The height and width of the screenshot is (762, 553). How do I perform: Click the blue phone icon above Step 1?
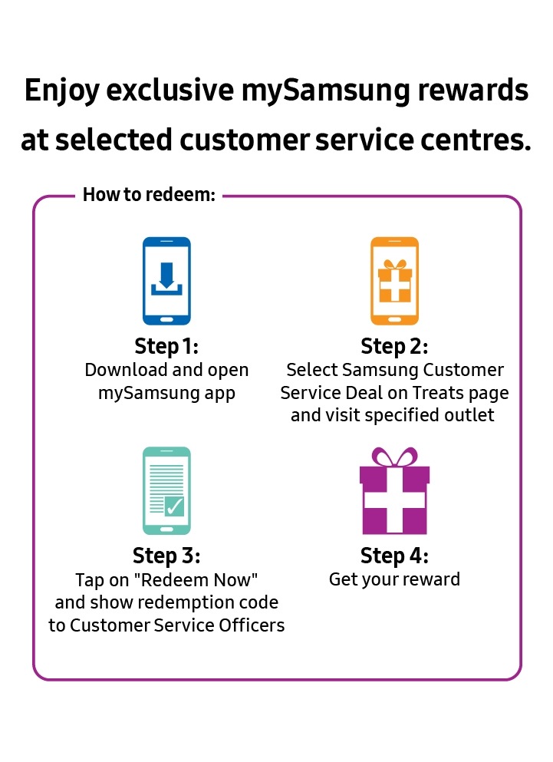click(x=166, y=281)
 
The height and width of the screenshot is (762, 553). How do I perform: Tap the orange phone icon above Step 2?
click(x=394, y=281)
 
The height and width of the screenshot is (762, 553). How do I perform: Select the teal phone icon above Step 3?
click(x=166, y=491)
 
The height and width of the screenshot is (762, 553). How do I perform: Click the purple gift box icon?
click(x=394, y=491)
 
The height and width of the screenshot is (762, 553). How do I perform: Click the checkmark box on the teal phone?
click(x=174, y=506)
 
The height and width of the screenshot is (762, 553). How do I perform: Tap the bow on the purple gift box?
click(x=394, y=457)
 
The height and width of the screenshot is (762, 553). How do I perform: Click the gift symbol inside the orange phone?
click(x=394, y=281)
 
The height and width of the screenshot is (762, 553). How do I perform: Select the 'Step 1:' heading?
click(x=166, y=347)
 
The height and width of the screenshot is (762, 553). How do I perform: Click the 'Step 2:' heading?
click(x=394, y=347)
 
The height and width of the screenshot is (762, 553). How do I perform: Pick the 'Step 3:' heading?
click(x=166, y=556)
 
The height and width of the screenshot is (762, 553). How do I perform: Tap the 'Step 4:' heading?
click(x=394, y=556)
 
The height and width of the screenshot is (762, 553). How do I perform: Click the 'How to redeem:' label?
click(x=150, y=194)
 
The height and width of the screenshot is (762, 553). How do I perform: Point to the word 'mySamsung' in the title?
click(x=325, y=91)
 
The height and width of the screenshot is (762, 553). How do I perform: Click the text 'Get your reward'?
click(x=394, y=580)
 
